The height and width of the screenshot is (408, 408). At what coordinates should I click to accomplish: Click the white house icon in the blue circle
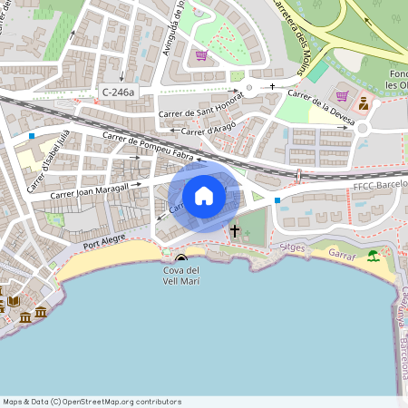pyautogui.click(x=204, y=195)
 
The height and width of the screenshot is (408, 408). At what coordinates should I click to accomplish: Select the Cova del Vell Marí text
pyautogui.click(x=182, y=277)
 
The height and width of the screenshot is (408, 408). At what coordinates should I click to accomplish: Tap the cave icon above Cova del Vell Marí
pyautogui.click(x=181, y=258)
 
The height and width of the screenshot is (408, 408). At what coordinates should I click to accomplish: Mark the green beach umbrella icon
pyautogui.click(x=374, y=256)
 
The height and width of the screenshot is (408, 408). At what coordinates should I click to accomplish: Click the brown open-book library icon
pyautogui.click(x=13, y=301)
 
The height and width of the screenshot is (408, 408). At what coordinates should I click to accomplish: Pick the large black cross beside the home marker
pyautogui.click(x=235, y=230)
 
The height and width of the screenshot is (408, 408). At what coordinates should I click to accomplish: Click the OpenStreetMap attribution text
pyautogui.click(x=92, y=402)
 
